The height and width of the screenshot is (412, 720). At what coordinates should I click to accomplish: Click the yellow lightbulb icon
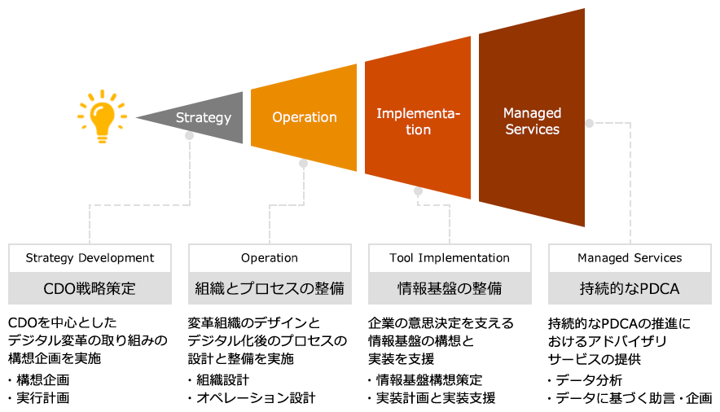click(x=96, y=116)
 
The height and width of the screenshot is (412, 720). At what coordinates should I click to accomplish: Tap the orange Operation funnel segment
click(x=304, y=117)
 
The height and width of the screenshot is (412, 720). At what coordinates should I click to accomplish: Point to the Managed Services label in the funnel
click(x=532, y=121)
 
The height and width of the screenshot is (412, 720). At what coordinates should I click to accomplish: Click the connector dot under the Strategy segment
click(x=189, y=135)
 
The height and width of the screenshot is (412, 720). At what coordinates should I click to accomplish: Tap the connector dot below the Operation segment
click(x=303, y=163)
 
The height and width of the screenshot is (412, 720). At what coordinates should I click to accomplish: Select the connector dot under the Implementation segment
click(x=418, y=191)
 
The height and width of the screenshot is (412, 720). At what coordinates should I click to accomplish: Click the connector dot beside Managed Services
click(x=589, y=124)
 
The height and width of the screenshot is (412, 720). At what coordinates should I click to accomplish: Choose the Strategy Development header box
click(x=90, y=258)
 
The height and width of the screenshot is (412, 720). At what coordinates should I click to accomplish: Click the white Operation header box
click(x=270, y=258)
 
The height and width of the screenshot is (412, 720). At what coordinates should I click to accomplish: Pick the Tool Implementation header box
click(x=450, y=258)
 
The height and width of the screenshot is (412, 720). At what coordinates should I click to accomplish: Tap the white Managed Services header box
click(x=630, y=258)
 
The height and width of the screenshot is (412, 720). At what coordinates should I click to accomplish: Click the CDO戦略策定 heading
click(x=90, y=289)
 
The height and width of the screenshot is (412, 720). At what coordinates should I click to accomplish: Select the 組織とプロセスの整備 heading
click(x=270, y=289)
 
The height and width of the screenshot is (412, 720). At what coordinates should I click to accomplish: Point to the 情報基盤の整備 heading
click(x=450, y=289)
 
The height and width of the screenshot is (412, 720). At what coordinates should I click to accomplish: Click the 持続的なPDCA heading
click(x=630, y=289)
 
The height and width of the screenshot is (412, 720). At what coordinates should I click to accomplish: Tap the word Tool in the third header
click(x=402, y=258)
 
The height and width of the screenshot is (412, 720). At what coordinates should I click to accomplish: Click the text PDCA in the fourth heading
click(x=660, y=289)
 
